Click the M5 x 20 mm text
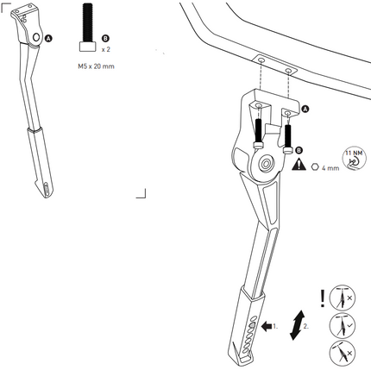coord(96,66)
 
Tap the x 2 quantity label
coord(106,49)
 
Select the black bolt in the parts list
coord(87,28)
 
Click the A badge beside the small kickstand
coord(49,38)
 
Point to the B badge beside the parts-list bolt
coord(105,38)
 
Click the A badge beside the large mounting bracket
coord(305,109)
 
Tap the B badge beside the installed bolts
coord(299,150)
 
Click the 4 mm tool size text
coord(330,168)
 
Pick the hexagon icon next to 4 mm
coord(315,166)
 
